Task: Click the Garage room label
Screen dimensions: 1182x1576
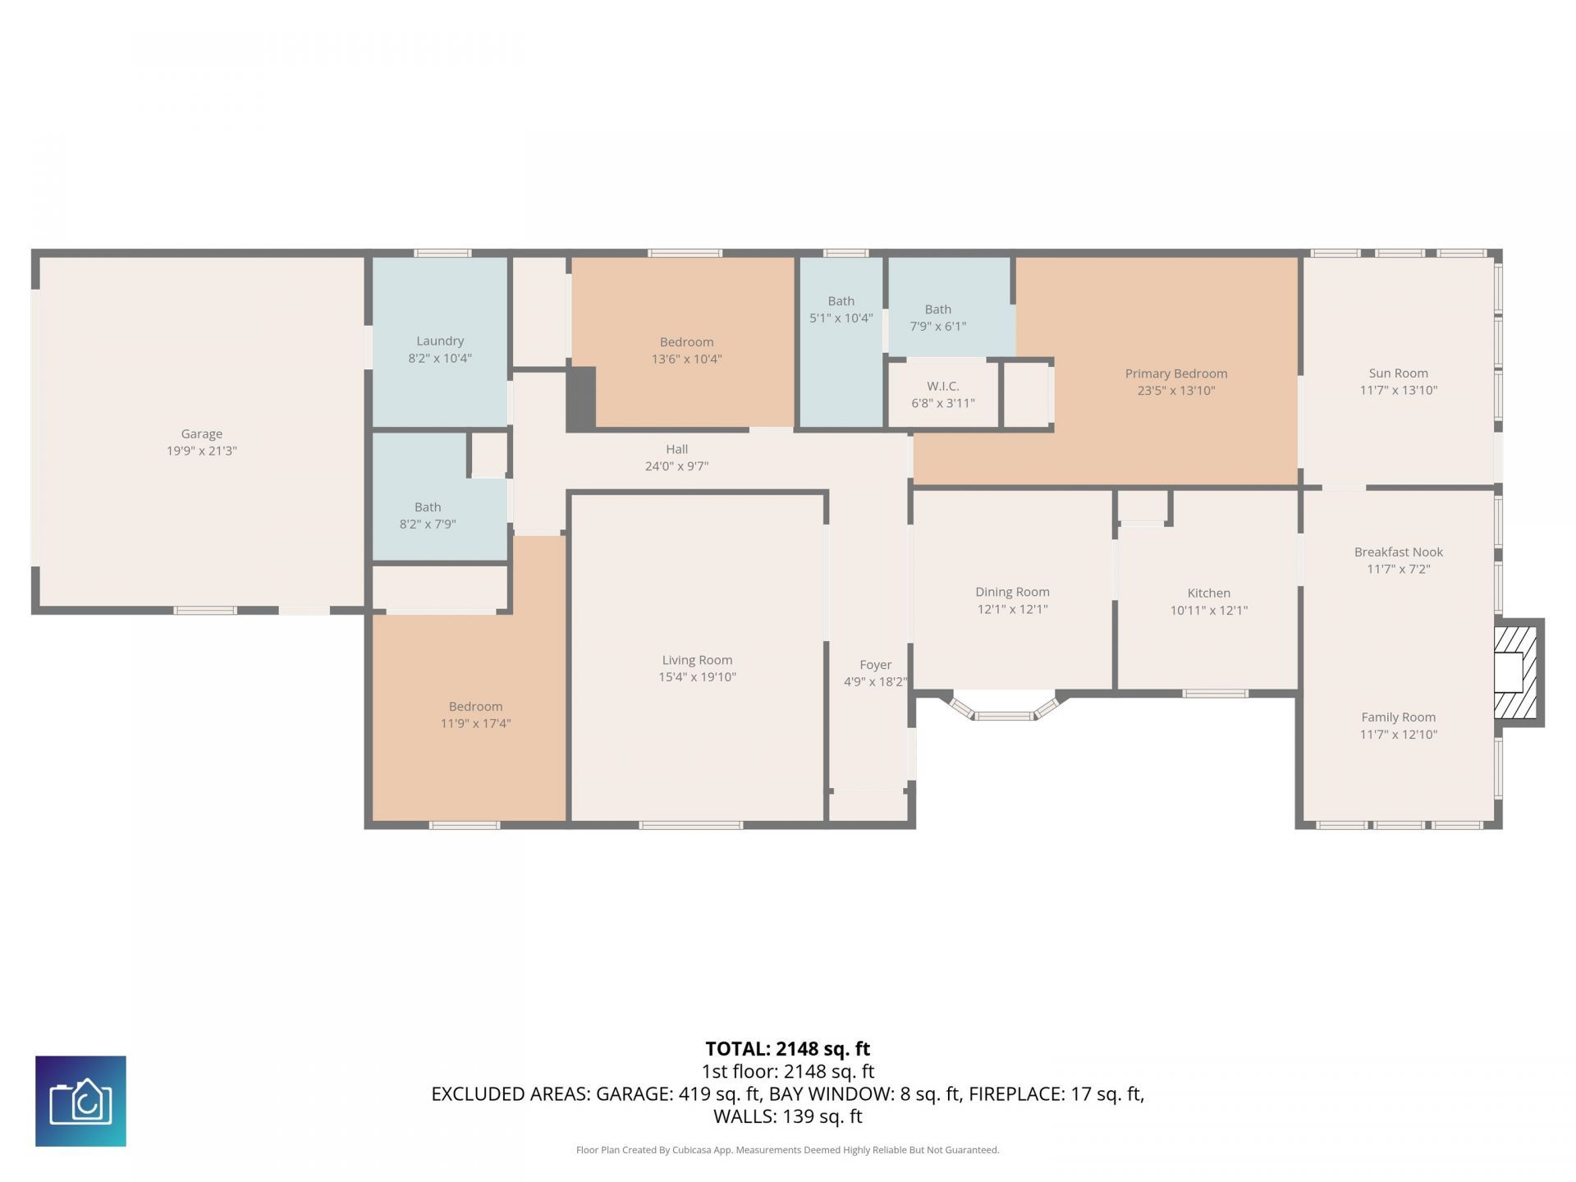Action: click(201, 433)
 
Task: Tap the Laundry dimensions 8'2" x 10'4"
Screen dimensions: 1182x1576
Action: click(440, 358)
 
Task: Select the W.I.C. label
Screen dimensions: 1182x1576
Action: click(942, 386)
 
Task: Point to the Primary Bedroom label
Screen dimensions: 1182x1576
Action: click(1175, 373)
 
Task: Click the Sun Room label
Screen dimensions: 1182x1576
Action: click(1398, 373)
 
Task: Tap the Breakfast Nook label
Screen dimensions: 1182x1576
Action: click(1398, 552)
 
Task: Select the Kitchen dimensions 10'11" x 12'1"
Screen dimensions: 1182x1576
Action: click(1208, 610)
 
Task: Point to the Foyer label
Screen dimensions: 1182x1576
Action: click(875, 665)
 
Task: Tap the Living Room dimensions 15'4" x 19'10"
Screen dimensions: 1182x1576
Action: click(697, 677)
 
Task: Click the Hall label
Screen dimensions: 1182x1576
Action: click(676, 449)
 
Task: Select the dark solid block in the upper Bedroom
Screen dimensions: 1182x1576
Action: click(581, 397)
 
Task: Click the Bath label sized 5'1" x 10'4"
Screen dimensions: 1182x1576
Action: click(841, 301)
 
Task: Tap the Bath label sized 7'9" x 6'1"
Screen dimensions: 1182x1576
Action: click(937, 309)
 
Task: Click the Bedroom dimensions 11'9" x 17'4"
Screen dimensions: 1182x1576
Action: click(475, 723)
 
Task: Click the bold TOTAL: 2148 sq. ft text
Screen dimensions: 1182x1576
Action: click(787, 1048)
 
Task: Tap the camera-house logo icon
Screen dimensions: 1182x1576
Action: click(80, 1101)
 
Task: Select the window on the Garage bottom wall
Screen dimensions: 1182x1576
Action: click(204, 610)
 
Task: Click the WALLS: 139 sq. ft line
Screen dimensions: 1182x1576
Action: click(787, 1116)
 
